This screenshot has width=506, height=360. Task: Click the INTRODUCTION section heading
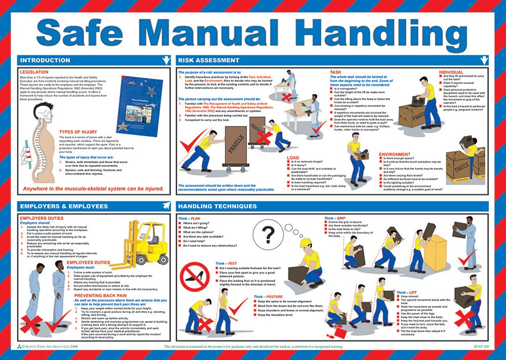pyautogui.click(x=45, y=60)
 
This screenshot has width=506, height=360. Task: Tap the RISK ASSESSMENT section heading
pyautogui.click(x=208, y=60)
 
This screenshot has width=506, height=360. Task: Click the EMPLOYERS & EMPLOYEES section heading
pyautogui.click(x=63, y=206)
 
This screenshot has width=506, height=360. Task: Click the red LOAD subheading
pyautogui.click(x=293, y=157)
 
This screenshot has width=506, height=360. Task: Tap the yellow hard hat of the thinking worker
pyautogui.click(x=305, y=243)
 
